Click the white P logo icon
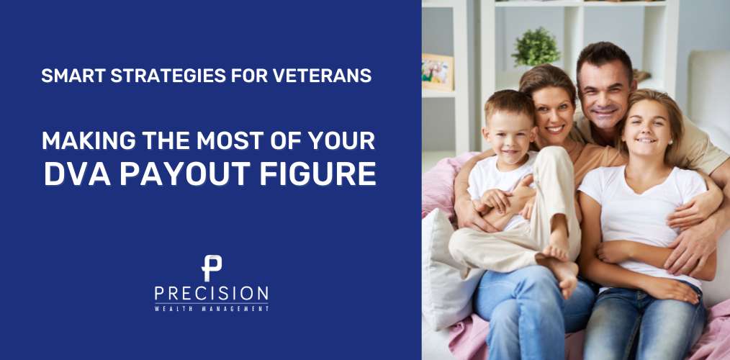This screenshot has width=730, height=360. click(x=211, y=268)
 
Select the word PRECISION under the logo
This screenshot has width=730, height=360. click(x=211, y=294)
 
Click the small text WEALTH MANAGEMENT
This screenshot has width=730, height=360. click(x=211, y=308)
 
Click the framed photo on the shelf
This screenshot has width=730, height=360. click(x=438, y=72)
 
